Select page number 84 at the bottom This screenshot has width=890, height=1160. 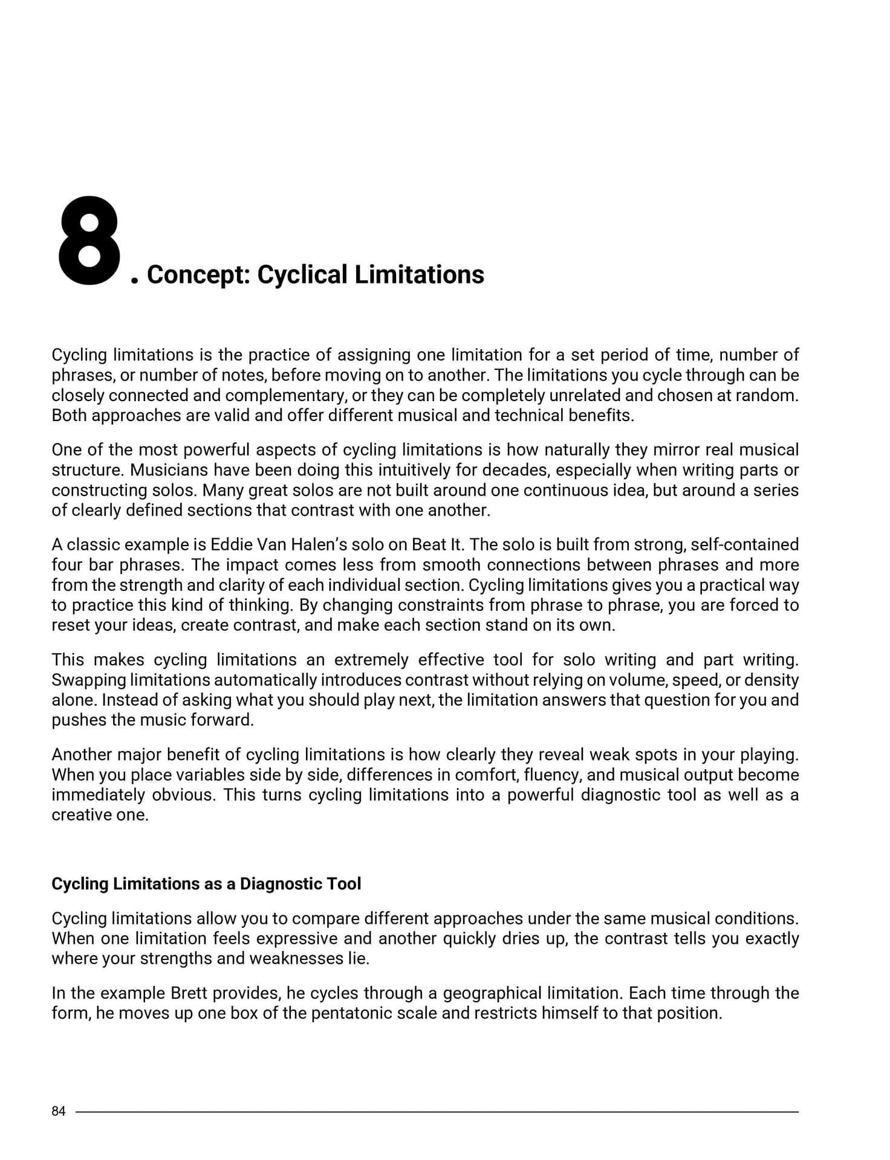[x=59, y=1111]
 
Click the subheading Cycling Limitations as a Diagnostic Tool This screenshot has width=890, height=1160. [x=206, y=884]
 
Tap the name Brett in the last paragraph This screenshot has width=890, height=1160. [x=189, y=993]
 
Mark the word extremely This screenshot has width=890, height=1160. [x=370, y=660]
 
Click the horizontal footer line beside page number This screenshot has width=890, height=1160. [x=435, y=1112]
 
